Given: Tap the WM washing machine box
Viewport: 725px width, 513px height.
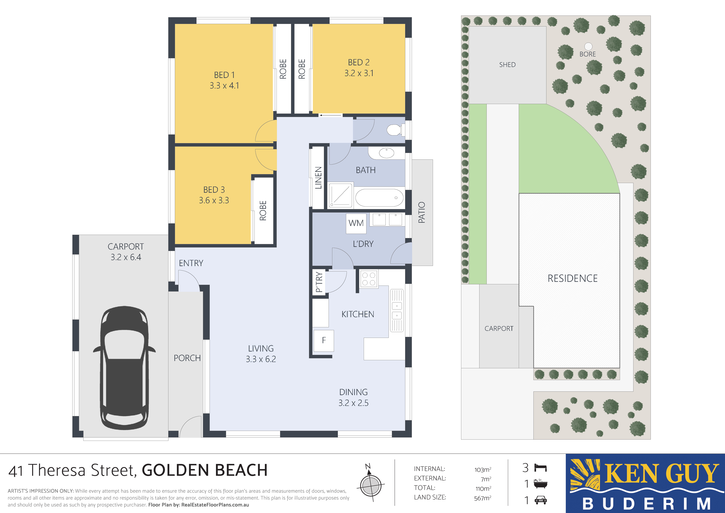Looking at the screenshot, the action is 356,223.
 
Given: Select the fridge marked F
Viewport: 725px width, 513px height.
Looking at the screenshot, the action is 324,341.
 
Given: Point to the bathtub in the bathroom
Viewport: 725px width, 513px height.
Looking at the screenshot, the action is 379,198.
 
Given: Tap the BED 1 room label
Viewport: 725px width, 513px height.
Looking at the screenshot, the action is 224,75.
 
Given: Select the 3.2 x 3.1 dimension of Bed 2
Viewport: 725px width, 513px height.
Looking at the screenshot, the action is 359,73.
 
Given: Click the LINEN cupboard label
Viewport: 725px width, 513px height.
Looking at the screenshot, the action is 318,178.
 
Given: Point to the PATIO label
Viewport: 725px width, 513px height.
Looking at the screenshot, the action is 422,212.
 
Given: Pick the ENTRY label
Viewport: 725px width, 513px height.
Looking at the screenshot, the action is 191,263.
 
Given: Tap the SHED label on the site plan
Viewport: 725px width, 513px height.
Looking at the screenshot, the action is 507,65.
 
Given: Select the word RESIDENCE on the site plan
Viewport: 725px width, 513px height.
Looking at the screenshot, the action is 572,278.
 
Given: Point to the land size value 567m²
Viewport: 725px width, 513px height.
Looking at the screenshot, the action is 483,498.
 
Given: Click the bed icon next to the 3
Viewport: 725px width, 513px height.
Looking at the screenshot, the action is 540,468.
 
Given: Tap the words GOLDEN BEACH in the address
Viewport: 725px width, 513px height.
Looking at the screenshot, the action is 205,470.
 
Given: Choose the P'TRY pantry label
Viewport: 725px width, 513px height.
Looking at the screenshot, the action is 319,282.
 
